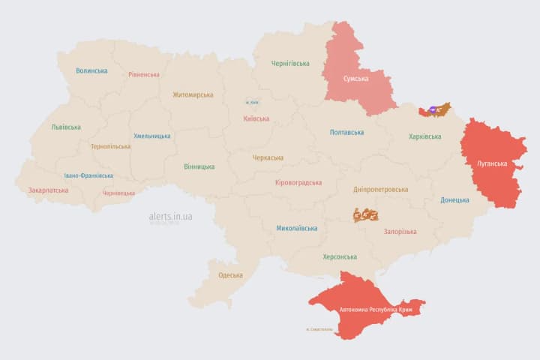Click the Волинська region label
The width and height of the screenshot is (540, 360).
click(x=91, y=71)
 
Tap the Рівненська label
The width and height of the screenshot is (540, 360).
click(x=144, y=75)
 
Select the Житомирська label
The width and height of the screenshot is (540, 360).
click(x=193, y=95)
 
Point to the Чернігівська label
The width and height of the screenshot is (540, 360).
click(x=290, y=64)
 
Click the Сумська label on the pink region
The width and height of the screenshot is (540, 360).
click(x=355, y=78)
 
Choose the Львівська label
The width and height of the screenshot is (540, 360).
click(x=66, y=127)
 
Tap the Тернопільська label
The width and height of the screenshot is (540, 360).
click(x=110, y=147)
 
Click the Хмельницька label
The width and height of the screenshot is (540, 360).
click(x=152, y=136)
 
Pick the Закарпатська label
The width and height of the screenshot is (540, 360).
click(x=48, y=190)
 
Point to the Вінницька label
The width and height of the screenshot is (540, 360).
click(x=199, y=166)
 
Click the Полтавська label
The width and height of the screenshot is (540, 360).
click(x=347, y=133)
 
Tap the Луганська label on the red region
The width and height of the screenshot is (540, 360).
click(x=493, y=163)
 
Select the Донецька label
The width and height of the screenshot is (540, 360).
click(x=454, y=200)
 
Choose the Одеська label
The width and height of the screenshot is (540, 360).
click(x=231, y=275)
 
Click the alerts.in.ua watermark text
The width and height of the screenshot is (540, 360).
click(x=170, y=216)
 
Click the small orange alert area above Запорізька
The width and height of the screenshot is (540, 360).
click(x=366, y=214)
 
